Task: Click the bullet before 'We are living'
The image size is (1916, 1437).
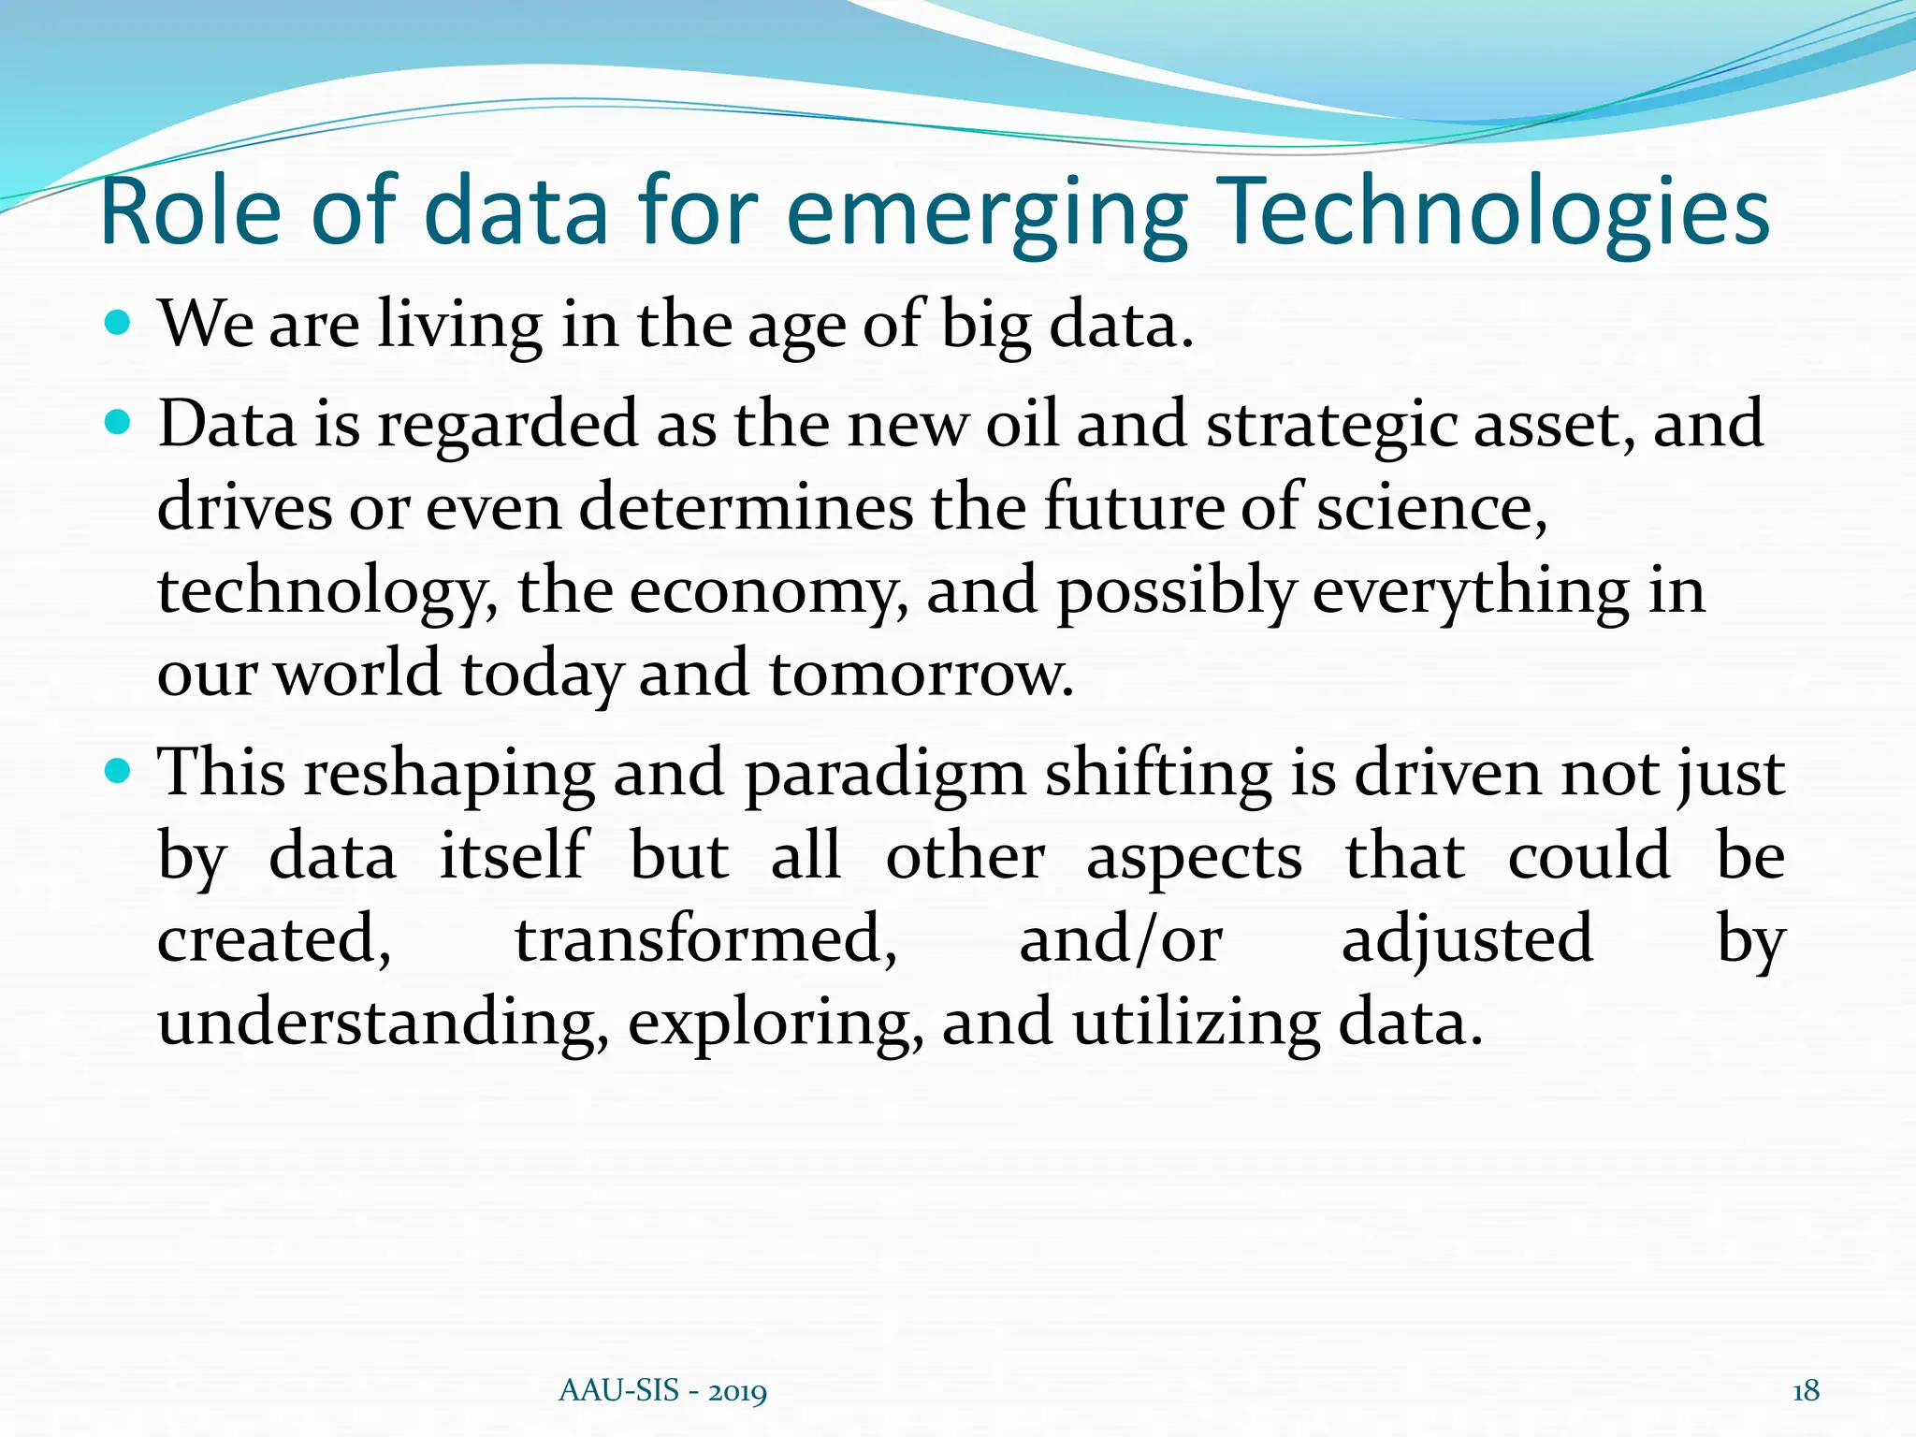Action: [x=118, y=324]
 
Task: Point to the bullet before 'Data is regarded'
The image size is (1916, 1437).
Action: [x=118, y=424]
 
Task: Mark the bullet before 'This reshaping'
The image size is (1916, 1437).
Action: [x=118, y=773]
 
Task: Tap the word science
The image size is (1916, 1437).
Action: [x=1431, y=507]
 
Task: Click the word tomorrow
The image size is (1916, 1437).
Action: [x=921, y=674]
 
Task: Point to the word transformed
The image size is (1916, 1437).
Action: [x=706, y=939]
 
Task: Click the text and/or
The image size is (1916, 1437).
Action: [x=1120, y=939]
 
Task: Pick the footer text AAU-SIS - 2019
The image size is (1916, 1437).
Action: [x=662, y=1391]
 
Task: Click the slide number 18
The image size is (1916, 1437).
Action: [x=1806, y=1391]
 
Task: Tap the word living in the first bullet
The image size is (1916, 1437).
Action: [x=459, y=326]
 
